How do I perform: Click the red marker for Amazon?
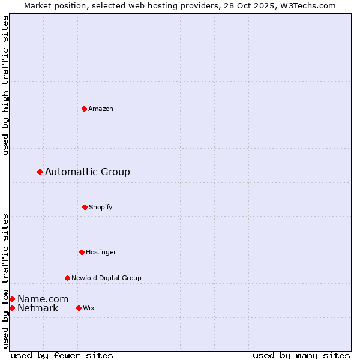coord(84,109)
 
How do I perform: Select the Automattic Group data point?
coord(40,172)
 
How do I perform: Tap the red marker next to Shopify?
coord(85,207)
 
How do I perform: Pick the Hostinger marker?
coord(82,252)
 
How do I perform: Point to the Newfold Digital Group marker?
coord(67,278)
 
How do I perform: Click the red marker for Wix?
coord(79,308)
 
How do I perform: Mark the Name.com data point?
coord(12,299)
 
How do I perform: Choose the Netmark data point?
coord(12,308)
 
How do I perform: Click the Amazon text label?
coord(101,109)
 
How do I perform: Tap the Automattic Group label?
coord(88,172)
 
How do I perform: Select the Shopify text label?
coord(101,207)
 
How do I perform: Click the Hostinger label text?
coord(101,252)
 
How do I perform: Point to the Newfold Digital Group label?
coord(106,278)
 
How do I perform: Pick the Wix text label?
coord(89,308)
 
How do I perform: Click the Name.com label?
coord(43,299)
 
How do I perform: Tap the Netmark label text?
coord(38,308)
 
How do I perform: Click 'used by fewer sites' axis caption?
coord(62,355)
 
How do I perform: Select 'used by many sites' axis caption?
coord(301,355)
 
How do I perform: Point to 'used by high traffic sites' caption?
coord(5,85)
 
